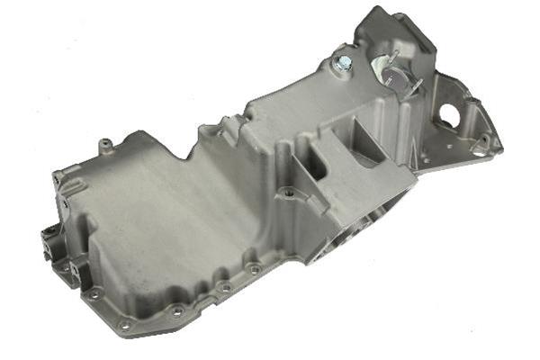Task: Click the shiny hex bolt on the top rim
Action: (342, 63)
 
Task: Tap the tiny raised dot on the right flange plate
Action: (438, 144)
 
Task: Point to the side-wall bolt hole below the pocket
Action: (288, 192)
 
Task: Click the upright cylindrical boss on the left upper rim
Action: (106, 143)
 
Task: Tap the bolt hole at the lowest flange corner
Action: (124, 324)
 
